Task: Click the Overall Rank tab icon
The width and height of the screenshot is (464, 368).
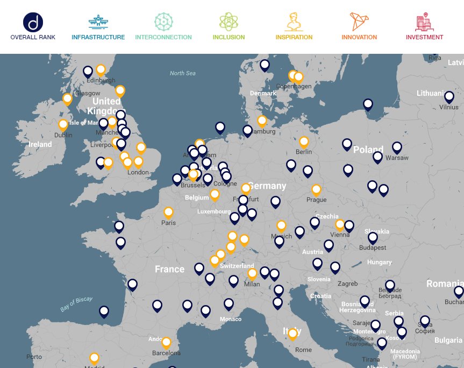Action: click(x=33, y=23)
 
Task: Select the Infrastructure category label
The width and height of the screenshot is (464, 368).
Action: click(x=98, y=37)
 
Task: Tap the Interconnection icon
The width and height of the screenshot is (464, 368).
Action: click(x=163, y=22)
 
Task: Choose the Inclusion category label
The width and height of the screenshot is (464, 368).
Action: click(x=229, y=37)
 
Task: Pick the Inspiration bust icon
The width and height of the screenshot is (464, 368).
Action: click(x=294, y=22)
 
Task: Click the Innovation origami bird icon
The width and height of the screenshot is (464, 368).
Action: click(x=359, y=22)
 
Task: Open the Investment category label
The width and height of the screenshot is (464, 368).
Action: click(x=424, y=37)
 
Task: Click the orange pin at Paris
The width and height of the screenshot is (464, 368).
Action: click(x=168, y=213)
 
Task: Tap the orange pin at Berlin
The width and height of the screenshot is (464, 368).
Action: click(x=304, y=142)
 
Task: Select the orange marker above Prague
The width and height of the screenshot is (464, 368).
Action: click(x=316, y=190)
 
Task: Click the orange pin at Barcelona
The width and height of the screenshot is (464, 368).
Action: click(x=166, y=342)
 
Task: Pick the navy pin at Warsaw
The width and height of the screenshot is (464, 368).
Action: click(x=397, y=147)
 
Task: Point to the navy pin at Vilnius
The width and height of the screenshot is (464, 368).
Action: click(x=449, y=97)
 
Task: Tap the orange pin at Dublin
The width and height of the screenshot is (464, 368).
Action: click(x=63, y=125)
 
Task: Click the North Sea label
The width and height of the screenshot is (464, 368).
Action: click(x=183, y=73)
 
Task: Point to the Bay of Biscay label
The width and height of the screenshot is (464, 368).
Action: click(x=76, y=304)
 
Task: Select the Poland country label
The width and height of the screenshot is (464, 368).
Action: click(x=368, y=150)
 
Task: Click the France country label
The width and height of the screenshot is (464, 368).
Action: click(x=169, y=269)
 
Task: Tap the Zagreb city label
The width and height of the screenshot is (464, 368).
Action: click(x=347, y=284)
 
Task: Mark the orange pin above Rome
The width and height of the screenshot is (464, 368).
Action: click(x=292, y=334)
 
